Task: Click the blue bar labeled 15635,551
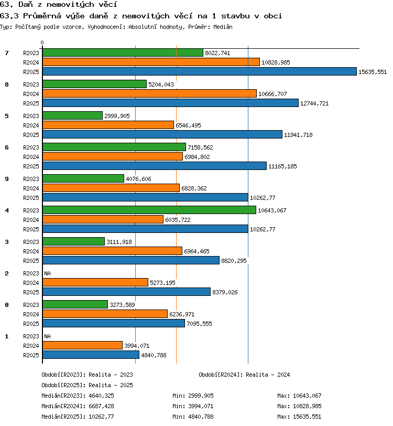(200, 71)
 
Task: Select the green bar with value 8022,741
(123, 52)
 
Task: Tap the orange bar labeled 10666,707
(149, 93)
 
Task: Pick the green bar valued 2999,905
(72, 115)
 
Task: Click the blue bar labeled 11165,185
(155, 166)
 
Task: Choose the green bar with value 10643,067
(149, 210)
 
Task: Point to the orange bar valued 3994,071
(82, 345)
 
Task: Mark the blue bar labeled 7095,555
(114, 323)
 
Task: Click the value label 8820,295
(234, 261)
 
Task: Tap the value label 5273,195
(162, 283)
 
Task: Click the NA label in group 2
(48, 273)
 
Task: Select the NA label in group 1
(48, 336)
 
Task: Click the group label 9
(7, 179)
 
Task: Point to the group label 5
(7, 116)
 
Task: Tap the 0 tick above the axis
(42, 42)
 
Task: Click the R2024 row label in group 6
(31, 157)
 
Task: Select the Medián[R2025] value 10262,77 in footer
(101, 417)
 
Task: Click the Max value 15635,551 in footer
(307, 417)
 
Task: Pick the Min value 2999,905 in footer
(201, 396)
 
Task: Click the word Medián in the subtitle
(223, 27)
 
